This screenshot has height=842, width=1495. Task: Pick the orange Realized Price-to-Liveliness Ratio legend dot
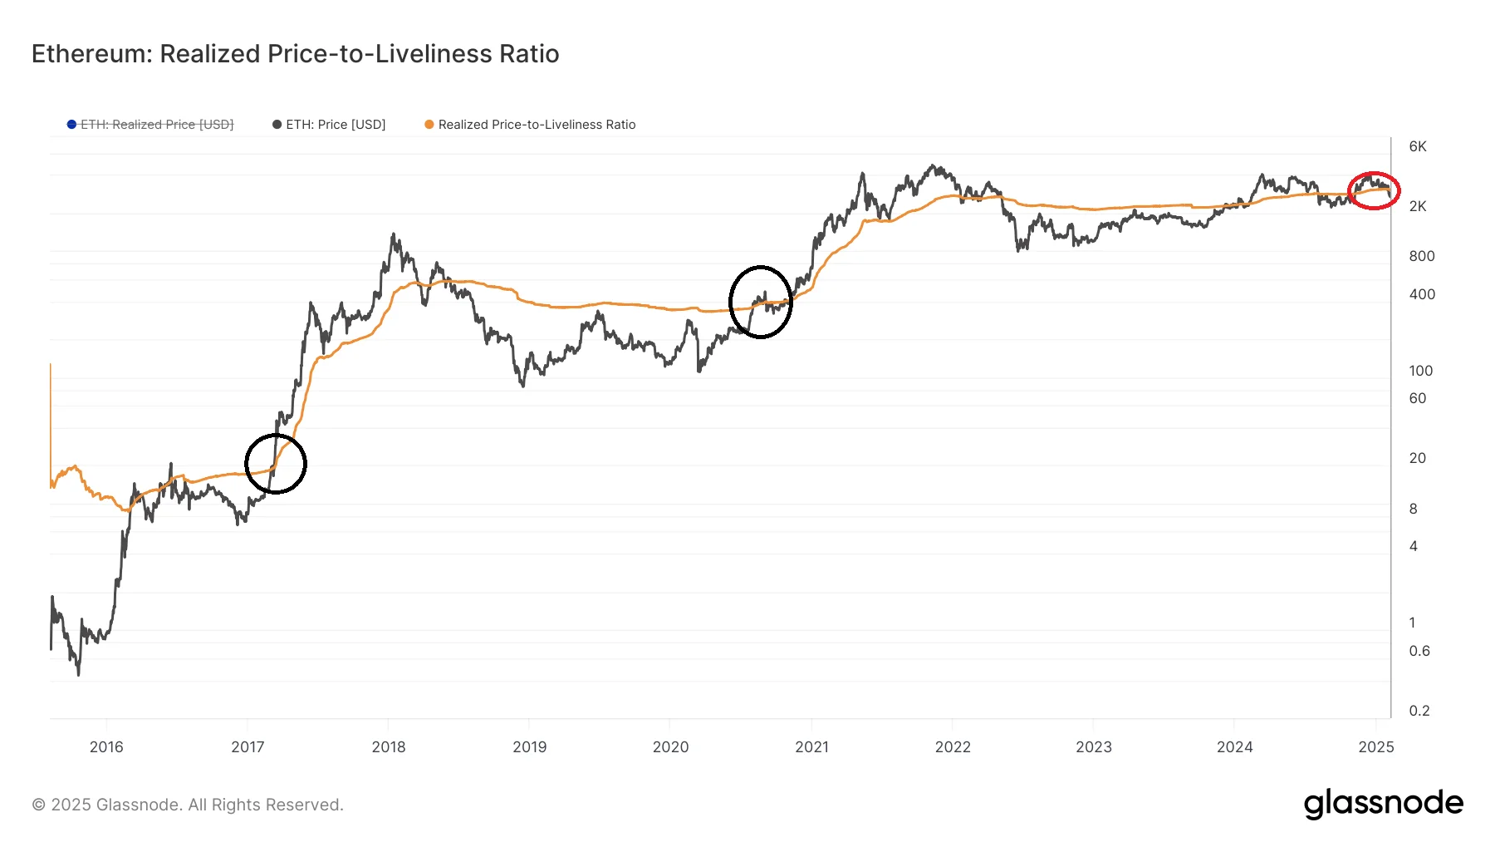[x=429, y=125]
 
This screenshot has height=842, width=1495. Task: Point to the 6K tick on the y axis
[x=1418, y=146]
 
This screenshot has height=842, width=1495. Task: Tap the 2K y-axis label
[x=1418, y=206]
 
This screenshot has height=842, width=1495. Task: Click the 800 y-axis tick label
[x=1421, y=256]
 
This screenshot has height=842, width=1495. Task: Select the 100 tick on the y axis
[x=1420, y=371]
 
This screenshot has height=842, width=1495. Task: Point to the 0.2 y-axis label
[x=1419, y=711]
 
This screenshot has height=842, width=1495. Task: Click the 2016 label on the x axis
[x=106, y=746]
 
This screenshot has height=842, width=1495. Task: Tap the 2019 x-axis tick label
[x=529, y=746]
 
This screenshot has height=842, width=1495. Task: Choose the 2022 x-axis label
[x=953, y=746]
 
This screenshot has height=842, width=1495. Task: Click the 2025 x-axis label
[x=1375, y=746]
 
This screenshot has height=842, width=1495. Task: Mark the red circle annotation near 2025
[x=1374, y=190]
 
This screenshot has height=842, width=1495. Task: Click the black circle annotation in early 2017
[x=276, y=464]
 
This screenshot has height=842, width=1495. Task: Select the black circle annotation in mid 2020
[x=761, y=302]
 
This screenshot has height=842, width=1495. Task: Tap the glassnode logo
[x=1383, y=804]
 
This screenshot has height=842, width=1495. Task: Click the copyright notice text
[x=188, y=805]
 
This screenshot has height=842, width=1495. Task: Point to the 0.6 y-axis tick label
[x=1419, y=651]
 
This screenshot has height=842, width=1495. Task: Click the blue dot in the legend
[x=71, y=125]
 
